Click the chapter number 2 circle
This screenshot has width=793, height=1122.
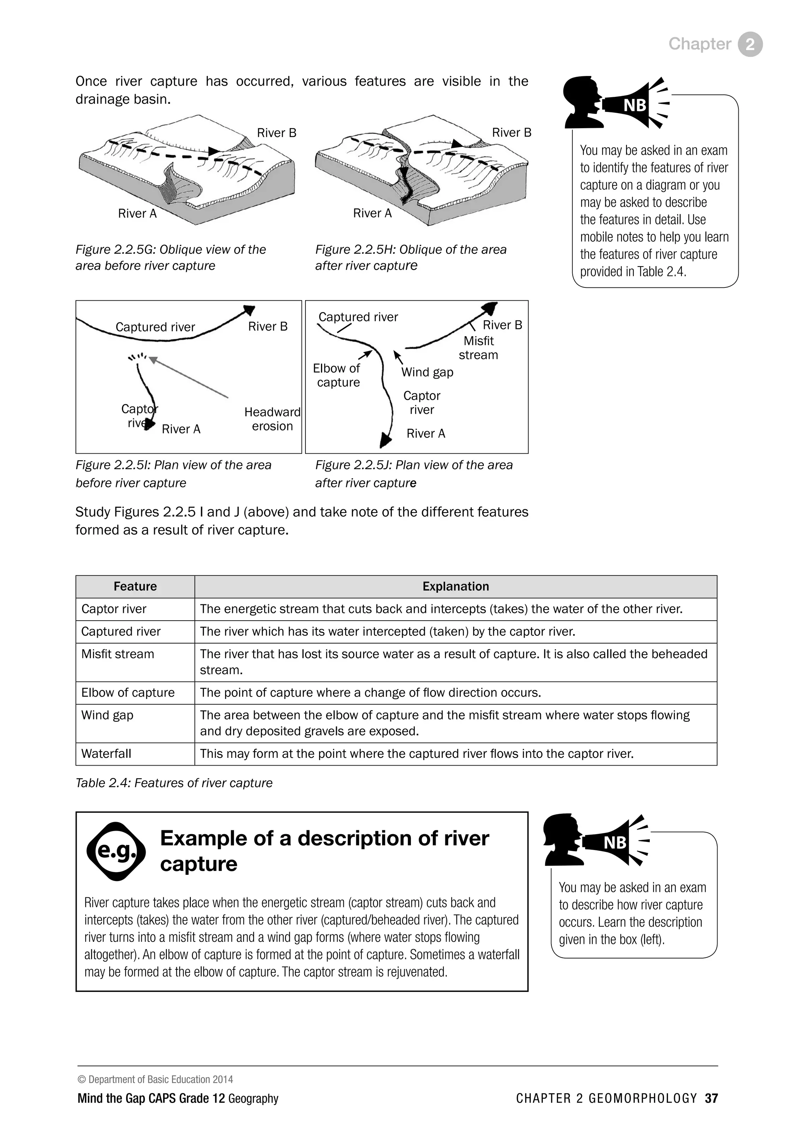[750, 45]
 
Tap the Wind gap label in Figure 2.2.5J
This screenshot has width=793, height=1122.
[427, 372]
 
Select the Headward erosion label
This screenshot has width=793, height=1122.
[272, 419]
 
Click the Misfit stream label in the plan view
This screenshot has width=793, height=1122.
[478, 348]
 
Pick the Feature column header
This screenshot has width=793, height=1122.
[135, 587]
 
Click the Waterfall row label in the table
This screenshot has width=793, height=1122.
[106, 754]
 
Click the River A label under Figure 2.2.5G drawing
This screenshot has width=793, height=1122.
[137, 213]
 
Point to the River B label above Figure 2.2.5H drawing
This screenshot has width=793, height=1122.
[511, 133]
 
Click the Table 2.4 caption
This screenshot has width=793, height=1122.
[174, 783]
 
